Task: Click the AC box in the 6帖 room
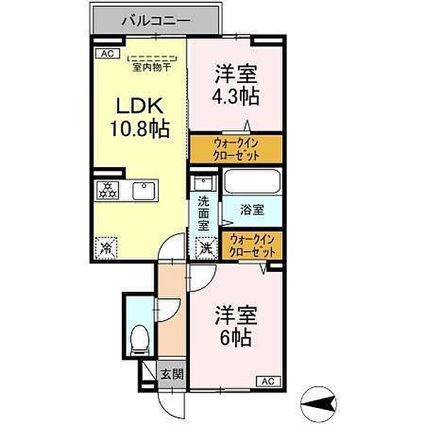pos(267,380)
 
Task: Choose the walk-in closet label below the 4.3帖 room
pos(235,149)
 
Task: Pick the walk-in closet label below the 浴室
pos(251,244)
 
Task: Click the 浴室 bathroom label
pos(250,210)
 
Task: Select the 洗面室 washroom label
pos(203,211)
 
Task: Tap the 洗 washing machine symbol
pos(205,248)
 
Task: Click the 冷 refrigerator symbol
pos(106,247)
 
